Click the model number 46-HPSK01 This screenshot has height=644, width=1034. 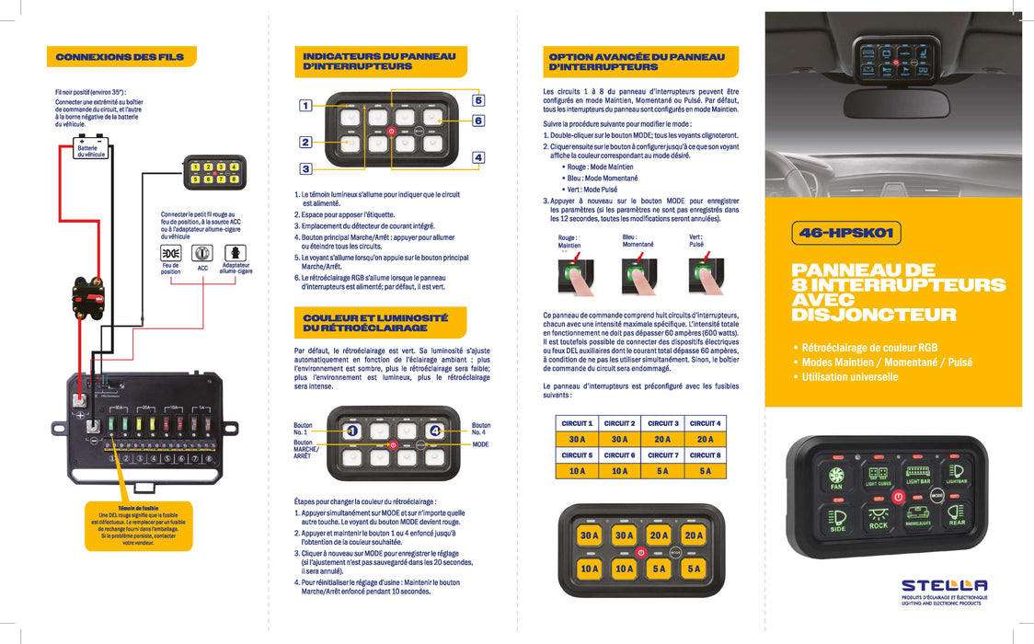[x=846, y=234]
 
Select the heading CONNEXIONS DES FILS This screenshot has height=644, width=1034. [x=120, y=57]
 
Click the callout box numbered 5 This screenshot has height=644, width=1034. [x=478, y=99]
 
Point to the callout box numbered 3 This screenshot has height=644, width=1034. [x=305, y=168]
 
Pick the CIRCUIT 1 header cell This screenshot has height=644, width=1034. [x=577, y=423]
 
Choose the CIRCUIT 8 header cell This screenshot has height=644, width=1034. [x=706, y=455]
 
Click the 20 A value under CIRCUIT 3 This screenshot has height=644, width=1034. [x=662, y=440]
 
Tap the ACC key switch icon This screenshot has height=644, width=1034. [x=202, y=252]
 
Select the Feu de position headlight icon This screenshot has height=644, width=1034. [x=170, y=252]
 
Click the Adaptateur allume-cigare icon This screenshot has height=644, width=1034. [x=235, y=252]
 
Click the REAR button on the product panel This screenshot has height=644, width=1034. [x=957, y=517]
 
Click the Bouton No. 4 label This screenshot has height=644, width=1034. [x=481, y=429]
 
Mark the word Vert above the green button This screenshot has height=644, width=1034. [x=695, y=237]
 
